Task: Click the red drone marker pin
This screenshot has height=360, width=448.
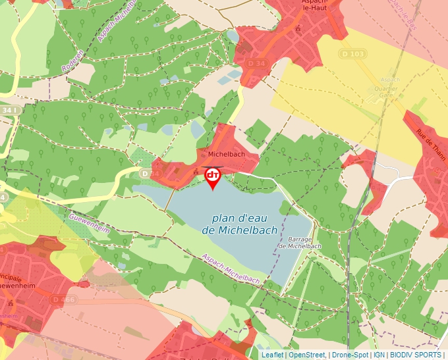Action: click(x=213, y=176)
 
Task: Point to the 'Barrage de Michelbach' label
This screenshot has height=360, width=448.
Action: click(x=300, y=243)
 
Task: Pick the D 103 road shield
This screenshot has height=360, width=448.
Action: click(x=353, y=53)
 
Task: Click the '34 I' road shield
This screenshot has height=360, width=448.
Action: click(x=9, y=110)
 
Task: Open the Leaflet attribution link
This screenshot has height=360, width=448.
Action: click(x=273, y=355)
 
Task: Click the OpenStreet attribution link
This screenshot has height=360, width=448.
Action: click(x=306, y=355)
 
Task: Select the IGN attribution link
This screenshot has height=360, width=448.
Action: click(x=379, y=355)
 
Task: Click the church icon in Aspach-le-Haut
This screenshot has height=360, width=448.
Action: click(x=299, y=28)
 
